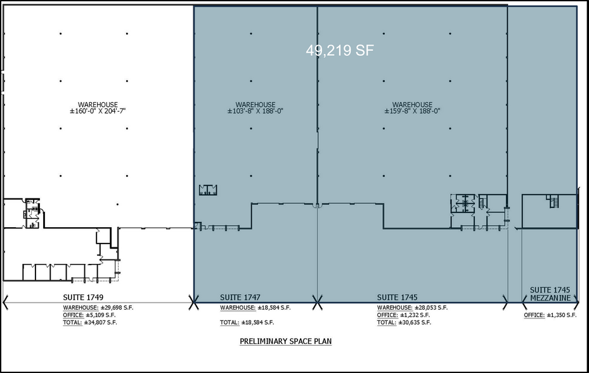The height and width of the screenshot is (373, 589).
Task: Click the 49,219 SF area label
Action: [340, 50]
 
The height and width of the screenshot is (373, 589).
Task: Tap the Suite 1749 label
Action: [83, 298]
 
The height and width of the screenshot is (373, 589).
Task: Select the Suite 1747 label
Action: [240, 298]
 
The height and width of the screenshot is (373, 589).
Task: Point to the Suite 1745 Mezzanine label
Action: [550, 294]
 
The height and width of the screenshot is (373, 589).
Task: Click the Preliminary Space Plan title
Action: [285, 341]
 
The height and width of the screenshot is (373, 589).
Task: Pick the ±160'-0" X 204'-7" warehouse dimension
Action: [98, 111]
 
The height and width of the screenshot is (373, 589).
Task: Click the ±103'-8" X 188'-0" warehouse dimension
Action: [255, 111]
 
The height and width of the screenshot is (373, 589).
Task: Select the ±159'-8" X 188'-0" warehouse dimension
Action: [412, 111]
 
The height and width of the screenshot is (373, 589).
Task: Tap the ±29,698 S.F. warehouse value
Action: [117, 308]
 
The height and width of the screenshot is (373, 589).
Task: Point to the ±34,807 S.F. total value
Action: [100, 323]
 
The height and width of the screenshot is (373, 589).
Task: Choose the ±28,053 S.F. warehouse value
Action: [431, 308]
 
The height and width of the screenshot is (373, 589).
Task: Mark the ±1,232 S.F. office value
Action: [415, 315]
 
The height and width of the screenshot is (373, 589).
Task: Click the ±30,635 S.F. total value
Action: [414, 323]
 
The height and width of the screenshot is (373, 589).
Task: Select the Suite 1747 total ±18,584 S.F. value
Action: [257, 323]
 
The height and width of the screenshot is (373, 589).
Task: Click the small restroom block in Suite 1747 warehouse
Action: [208, 190]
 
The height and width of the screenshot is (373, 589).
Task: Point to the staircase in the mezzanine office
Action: [553, 201]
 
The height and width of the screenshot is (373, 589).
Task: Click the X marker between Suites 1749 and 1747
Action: [193, 303]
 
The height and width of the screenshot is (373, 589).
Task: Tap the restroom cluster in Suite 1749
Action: [32, 213]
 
